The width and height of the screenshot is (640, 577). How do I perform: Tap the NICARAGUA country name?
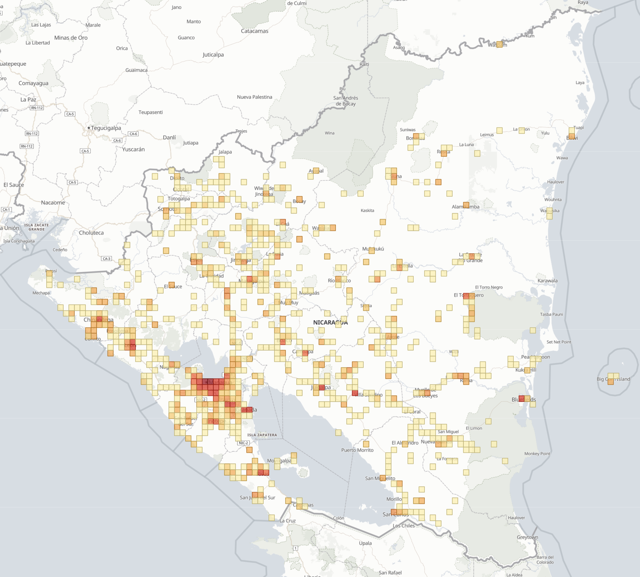[x=330, y=323]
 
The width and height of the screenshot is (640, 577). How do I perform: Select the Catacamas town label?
[x=254, y=31]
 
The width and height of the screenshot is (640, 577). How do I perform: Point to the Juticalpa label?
[x=213, y=55]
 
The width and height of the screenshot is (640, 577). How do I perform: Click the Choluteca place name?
[x=91, y=233]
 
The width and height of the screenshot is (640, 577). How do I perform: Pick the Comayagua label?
[x=33, y=83]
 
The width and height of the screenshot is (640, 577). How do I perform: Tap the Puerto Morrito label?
[x=357, y=450]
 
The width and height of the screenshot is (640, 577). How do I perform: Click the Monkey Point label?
[x=537, y=454]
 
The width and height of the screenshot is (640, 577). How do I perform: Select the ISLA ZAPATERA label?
[x=262, y=435]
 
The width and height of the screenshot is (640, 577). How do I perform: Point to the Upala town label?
[x=365, y=543]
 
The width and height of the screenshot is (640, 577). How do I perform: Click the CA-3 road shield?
[x=107, y=259]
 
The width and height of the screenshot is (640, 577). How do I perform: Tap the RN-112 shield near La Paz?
[x=37, y=108]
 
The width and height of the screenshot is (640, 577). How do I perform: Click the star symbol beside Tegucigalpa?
[x=89, y=128]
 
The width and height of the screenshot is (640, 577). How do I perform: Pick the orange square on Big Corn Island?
[x=611, y=381]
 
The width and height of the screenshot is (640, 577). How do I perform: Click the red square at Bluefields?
[x=521, y=398]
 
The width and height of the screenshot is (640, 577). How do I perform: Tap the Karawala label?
[x=547, y=281]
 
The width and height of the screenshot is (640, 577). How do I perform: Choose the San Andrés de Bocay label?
[x=345, y=101]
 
